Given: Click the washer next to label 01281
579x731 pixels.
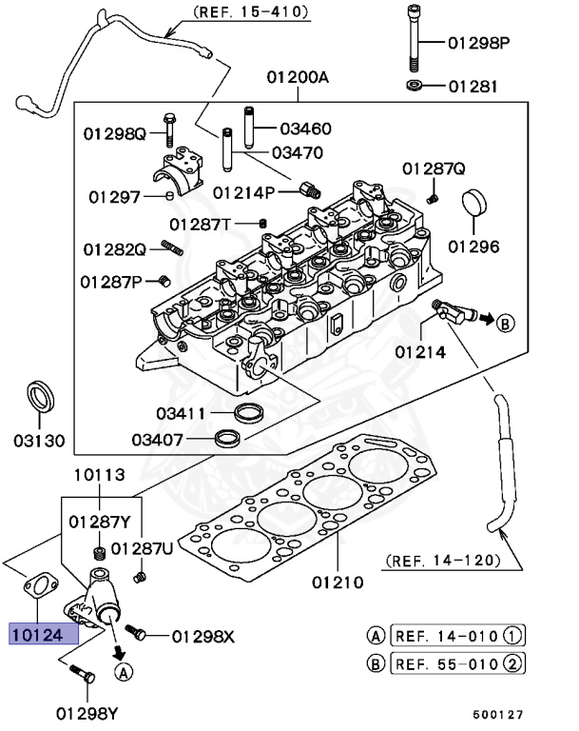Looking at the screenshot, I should pyautogui.click(x=416, y=87).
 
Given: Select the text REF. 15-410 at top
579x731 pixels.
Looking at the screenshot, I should pyautogui.click(x=251, y=12).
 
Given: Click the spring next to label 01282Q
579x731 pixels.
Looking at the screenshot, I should pyautogui.click(x=172, y=248).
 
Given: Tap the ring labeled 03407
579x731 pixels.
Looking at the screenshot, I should pyautogui.click(x=227, y=438).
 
